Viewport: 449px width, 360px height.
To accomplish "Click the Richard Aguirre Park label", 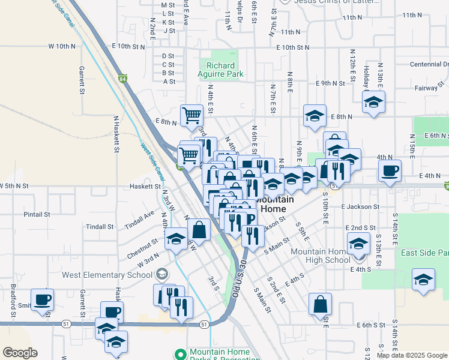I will [221, 70].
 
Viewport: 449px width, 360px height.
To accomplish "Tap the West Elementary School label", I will [107, 275].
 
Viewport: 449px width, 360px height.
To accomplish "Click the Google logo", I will [20, 353].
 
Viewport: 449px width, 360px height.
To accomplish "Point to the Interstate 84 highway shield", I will [122, 79].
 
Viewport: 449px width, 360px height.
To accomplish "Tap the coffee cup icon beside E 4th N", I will [390, 170].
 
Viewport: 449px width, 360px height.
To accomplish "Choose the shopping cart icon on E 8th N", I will [191, 114].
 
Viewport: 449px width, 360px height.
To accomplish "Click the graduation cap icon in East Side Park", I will [423, 280].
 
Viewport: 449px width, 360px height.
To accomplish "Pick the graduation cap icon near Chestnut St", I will [176, 239].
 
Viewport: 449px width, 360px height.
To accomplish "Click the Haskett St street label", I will [144, 186].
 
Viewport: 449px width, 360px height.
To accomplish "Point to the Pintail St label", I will [37, 214].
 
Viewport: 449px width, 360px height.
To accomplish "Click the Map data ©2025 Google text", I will [411, 355].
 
